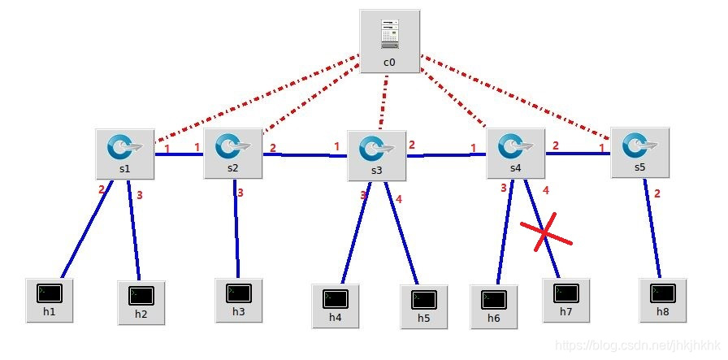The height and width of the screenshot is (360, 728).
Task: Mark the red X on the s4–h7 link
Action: [x=546, y=234]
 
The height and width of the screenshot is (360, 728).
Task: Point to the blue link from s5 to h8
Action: [x=652, y=228]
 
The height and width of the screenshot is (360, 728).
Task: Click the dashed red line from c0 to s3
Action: [x=383, y=102]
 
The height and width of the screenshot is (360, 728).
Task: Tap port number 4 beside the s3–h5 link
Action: [x=399, y=199]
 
